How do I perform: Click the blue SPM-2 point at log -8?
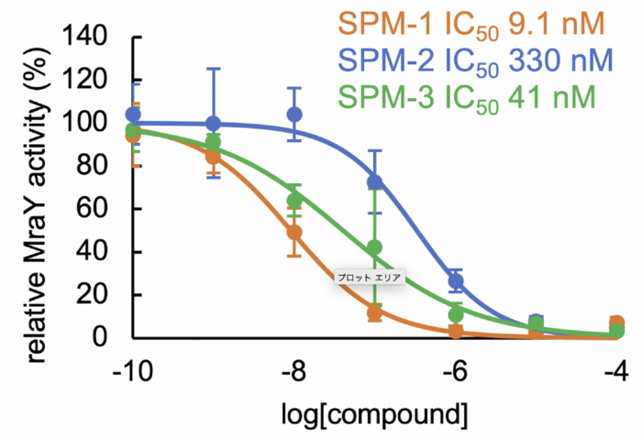tap(295, 115)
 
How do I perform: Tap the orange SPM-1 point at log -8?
tap(295, 233)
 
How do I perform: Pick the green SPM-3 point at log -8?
tap(295, 200)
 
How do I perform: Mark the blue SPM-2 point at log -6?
tap(456, 281)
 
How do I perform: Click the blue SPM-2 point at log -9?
tap(214, 123)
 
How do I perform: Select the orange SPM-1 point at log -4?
tap(617, 323)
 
